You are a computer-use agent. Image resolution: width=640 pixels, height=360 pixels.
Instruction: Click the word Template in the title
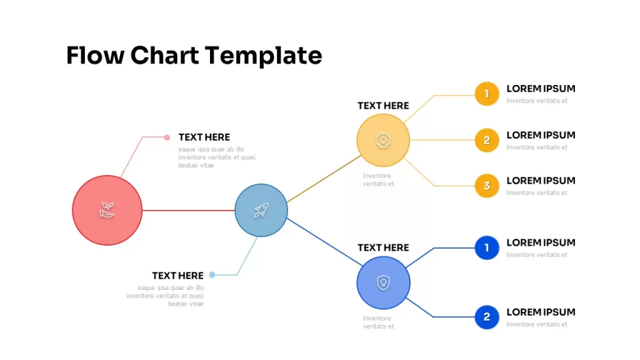coord(263,56)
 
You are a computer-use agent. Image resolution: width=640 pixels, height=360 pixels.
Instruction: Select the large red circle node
coord(107,210)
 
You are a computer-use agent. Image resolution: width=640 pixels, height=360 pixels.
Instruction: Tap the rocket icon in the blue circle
coord(261,210)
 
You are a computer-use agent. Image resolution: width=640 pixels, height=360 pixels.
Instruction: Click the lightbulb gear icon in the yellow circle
coord(383,141)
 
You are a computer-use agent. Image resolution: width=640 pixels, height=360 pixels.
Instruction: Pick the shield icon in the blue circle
coord(383,282)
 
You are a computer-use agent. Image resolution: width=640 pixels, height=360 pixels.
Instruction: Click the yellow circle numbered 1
coord(487,94)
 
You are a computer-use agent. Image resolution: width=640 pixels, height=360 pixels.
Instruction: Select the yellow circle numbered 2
coord(487,140)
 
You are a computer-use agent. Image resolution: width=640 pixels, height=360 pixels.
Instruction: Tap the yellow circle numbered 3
coord(487,186)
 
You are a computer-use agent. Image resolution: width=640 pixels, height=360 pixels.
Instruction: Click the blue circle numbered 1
coord(487,247)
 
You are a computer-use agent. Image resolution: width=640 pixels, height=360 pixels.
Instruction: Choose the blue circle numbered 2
coord(487,317)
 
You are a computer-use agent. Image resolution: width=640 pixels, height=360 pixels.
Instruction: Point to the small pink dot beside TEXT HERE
coord(167,137)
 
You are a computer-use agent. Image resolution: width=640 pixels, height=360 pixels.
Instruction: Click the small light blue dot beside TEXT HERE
coord(212,275)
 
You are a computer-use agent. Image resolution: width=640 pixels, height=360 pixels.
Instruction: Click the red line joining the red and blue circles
coord(189,211)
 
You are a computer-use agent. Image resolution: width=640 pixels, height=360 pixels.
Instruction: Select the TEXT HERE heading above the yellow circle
coord(383,106)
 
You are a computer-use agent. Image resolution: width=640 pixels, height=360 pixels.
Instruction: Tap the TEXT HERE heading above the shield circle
coord(383,247)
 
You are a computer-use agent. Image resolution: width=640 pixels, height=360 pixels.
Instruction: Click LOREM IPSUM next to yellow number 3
coord(541,181)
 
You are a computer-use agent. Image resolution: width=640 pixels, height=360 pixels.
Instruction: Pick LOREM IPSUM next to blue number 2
coord(541,312)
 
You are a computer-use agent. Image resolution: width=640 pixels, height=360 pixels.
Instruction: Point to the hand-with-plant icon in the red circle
coord(107,210)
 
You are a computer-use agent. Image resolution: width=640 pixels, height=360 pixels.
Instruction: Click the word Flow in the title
coord(95,56)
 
